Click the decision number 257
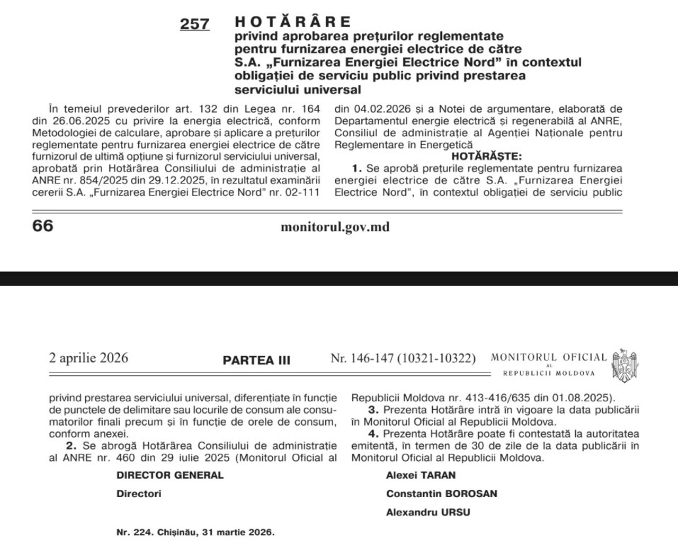click(194, 24)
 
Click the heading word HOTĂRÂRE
click(293, 22)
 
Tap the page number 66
click(43, 226)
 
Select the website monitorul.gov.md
click(335, 227)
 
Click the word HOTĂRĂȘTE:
click(486, 156)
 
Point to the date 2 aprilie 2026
click(88, 358)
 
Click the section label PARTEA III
click(256, 360)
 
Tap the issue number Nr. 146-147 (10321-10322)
click(403, 358)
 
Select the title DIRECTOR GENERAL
click(170, 475)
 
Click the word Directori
click(139, 494)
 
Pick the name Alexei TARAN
click(421, 475)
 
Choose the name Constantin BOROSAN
click(441, 494)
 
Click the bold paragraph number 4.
click(373, 434)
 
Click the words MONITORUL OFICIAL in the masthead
click(548, 358)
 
